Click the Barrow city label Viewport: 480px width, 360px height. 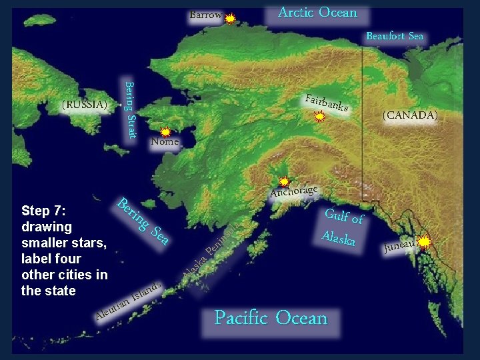(205, 15)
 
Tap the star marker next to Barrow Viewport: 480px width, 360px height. (230, 19)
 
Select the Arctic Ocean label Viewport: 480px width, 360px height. (317, 13)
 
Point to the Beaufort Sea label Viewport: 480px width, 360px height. (395, 36)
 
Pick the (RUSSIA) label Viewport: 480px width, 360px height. (84, 105)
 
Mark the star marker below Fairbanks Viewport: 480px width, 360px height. (320, 117)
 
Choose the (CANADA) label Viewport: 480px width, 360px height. (410, 115)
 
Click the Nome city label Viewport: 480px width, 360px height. (165, 141)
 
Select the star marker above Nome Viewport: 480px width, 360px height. (165, 133)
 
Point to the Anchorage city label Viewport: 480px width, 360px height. (294, 191)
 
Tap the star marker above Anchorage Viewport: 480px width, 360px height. (284, 181)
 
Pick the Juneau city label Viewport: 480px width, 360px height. (399, 247)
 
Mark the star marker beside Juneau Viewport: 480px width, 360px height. (424, 241)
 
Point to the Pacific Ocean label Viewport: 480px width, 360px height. (271, 318)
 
